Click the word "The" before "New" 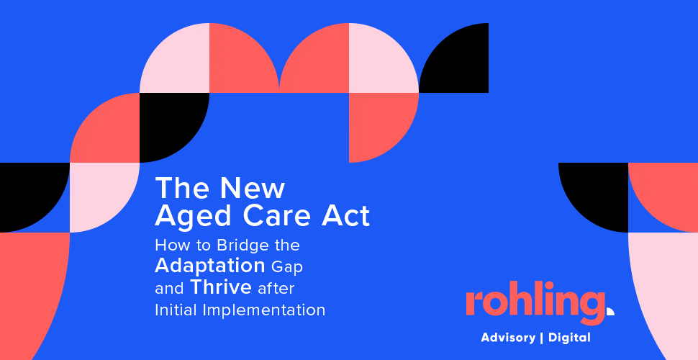(181, 188)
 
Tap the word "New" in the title (252, 188)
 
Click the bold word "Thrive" (221, 287)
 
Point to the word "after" (276, 288)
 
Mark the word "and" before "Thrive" (169, 289)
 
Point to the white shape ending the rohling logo (610, 311)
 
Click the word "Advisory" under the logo (508, 338)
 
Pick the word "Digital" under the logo (569, 338)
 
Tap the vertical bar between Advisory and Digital (542, 338)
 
